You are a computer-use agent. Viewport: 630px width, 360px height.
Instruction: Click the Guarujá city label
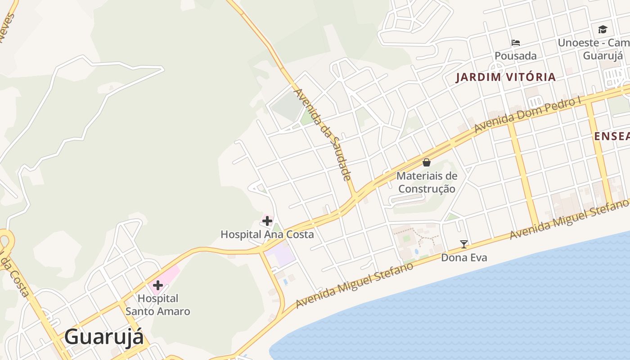click(104, 337)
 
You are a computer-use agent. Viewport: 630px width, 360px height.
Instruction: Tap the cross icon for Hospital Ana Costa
click(267, 221)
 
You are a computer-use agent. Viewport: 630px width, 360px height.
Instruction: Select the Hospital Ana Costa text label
click(267, 234)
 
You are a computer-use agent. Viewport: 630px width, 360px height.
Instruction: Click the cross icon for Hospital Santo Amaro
click(157, 285)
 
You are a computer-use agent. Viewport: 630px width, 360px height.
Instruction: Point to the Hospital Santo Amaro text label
click(157, 305)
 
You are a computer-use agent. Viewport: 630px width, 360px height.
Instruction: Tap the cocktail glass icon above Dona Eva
click(464, 244)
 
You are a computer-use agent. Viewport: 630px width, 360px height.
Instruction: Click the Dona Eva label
click(464, 258)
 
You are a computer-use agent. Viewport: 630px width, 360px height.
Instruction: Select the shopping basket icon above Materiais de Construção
click(427, 162)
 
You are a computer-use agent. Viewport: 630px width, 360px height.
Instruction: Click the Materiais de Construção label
click(427, 182)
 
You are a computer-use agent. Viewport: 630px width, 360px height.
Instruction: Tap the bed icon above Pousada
click(516, 43)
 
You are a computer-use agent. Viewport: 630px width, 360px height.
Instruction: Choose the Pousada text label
click(516, 56)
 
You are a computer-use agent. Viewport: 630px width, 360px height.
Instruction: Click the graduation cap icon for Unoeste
click(603, 30)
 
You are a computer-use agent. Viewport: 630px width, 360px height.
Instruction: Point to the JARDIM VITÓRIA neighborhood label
click(506, 77)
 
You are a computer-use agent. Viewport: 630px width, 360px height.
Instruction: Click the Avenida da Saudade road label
click(322, 134)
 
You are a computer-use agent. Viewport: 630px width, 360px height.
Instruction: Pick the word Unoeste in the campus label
click(578, 43)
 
